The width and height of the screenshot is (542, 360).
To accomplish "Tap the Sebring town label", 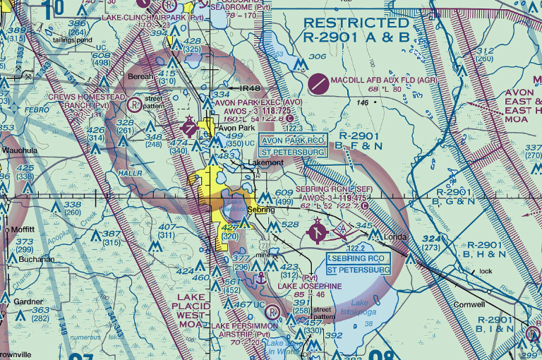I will tap(260, 210).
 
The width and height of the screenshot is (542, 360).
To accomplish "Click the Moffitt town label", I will tap(23, 230).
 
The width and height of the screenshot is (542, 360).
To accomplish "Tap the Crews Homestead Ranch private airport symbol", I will tap(134, 105).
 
